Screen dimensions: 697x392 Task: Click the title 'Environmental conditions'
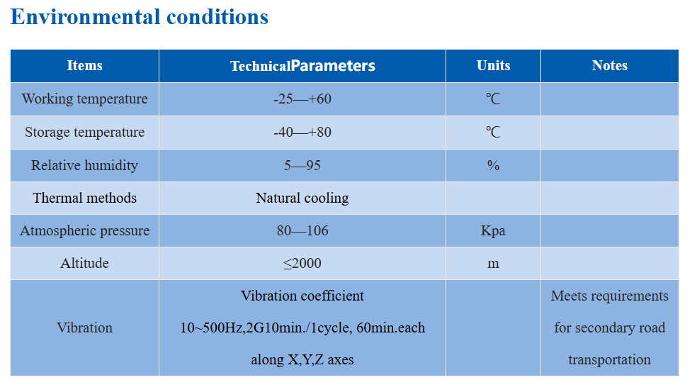(139, 17)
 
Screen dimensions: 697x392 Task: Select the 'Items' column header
(84, 65)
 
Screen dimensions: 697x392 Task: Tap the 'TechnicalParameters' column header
(302, 66)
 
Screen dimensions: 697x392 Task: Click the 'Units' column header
(493, 65)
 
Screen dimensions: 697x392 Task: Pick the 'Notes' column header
(609, 65)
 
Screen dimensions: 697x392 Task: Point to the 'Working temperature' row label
(84, 99)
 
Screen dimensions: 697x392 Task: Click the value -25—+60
(302, 99)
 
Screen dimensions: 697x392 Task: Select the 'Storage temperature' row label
(84, 132)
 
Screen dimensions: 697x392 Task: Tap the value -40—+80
(302, 132)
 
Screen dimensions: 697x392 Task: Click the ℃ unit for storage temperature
(493, 132)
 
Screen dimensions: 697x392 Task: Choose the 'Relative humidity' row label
(84, 166)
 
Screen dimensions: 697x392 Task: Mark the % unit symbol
(493, 166)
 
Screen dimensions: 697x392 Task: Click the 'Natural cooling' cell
(302, 198)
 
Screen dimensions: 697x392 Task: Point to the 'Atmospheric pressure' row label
(84, 231)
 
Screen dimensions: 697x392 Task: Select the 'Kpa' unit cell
(493, 231)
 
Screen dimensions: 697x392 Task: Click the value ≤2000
(302, 264)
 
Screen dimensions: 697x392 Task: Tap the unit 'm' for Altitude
(493, 264)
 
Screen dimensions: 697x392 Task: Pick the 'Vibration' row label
(84, 328)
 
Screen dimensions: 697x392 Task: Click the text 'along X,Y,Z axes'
(302, 359)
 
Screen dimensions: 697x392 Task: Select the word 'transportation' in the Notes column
(609, 360)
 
